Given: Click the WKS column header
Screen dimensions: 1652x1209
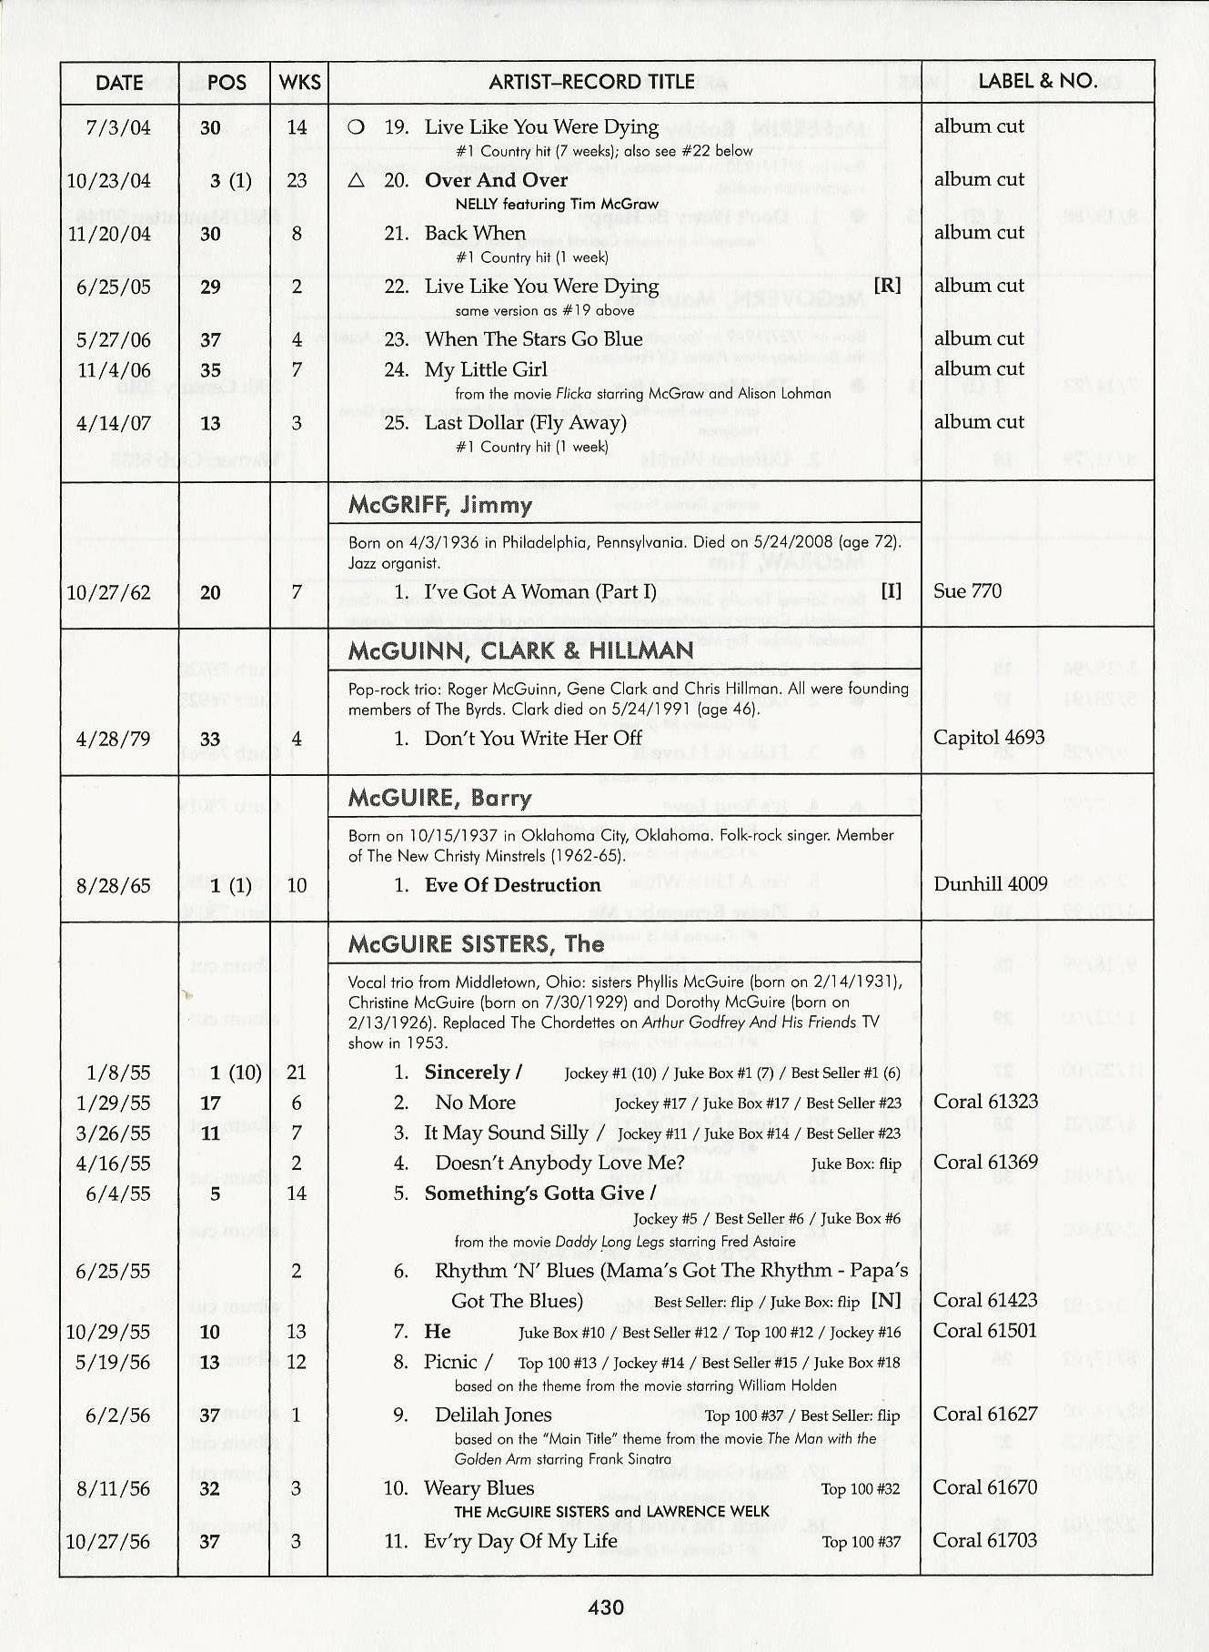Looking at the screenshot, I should (299, 82).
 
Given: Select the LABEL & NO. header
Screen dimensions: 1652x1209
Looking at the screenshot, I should (1037, 81).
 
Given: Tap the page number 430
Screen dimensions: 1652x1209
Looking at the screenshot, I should (606, 1607).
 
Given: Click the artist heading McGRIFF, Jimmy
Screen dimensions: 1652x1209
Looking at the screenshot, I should (440, 505).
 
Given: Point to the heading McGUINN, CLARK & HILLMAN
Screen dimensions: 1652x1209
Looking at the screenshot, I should (520, 650).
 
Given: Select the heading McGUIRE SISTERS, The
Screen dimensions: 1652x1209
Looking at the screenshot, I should (476, 943).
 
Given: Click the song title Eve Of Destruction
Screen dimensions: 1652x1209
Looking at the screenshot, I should (512, 884).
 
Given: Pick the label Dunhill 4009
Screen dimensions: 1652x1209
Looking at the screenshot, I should (990, 883).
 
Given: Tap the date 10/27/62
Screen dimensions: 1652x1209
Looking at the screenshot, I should (108, 593).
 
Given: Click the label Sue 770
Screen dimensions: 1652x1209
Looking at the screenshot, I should (967, 591).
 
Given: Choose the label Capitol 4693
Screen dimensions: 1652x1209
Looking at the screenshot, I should (989, 737).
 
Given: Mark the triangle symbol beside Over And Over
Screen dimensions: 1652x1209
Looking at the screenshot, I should (357, 180).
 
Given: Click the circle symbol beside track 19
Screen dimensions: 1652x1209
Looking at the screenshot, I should (357, 127).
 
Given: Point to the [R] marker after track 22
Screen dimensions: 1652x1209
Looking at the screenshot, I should (887, 286).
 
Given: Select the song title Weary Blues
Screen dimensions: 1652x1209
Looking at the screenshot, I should (479, 1487).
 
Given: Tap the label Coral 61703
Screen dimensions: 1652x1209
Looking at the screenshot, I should (985, 1540).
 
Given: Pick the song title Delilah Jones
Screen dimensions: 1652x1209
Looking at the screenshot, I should (493, 1415).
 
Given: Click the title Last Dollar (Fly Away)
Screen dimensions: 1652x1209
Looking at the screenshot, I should (525, 422).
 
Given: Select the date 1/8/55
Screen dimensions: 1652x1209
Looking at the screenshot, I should (118, 1073).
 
